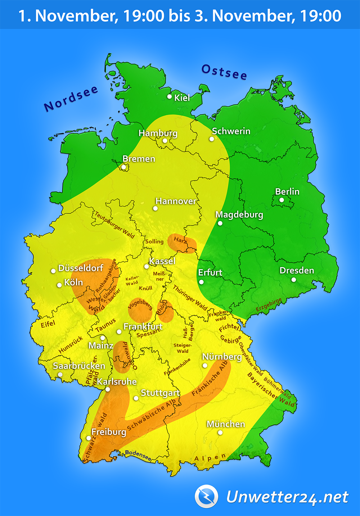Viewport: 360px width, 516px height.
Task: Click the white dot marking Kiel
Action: pos(170,96)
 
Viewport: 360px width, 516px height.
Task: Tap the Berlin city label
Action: pos(287,191)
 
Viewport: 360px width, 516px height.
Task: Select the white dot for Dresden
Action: pos(294,280)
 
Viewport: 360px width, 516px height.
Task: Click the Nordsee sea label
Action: pos(71,99)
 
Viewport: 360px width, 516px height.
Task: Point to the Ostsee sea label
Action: pos(224,72)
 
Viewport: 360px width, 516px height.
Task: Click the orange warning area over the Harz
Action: pos(182,243)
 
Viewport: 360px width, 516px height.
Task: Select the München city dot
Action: pos(220,433)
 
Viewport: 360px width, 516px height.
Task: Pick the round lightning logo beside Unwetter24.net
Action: pos(206,497)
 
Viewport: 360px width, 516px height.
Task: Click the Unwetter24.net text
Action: pos(287,497)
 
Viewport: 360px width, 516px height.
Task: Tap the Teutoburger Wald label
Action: pos(114,225)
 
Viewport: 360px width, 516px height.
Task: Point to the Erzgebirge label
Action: pos(269,305)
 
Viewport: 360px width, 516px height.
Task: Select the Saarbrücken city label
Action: pos(79,366)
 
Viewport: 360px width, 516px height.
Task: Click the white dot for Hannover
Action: pos(155,208)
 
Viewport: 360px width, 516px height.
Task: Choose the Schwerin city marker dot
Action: pos(212,139)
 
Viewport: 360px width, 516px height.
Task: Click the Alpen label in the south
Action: pos(210,458)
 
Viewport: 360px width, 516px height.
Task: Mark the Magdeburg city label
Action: pos(239,215)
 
